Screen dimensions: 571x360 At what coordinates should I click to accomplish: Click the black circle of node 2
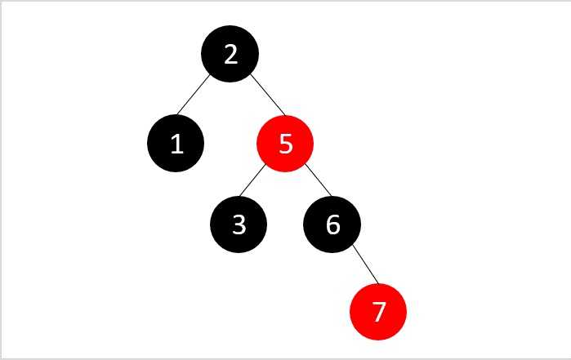230,54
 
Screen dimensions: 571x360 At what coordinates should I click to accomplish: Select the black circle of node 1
176,143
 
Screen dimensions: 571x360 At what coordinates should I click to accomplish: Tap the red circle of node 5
285,143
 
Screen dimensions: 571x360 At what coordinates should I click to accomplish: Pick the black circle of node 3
239,224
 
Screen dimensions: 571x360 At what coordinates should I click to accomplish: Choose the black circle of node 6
332,224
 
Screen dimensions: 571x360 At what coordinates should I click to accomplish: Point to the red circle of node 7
378,312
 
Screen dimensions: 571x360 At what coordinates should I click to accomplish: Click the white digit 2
231,55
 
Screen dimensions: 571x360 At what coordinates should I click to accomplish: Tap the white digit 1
177,144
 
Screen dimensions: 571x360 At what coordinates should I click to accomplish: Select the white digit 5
286,144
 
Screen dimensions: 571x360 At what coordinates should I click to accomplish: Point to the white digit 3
239,224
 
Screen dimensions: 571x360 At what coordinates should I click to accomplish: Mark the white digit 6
332,224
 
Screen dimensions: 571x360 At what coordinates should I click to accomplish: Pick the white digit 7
379,312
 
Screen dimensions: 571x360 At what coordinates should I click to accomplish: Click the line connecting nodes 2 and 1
194,94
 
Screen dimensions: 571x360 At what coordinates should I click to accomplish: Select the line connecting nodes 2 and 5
268,95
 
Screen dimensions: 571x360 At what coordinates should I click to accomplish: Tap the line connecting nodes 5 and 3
252,180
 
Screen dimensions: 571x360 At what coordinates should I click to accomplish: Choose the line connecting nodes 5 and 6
319,180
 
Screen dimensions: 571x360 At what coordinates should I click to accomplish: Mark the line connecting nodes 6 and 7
366,264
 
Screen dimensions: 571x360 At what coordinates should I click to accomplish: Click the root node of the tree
230,54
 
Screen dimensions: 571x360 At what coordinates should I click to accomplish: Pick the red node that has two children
285,143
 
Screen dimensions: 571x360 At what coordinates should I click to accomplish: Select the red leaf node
378,312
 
